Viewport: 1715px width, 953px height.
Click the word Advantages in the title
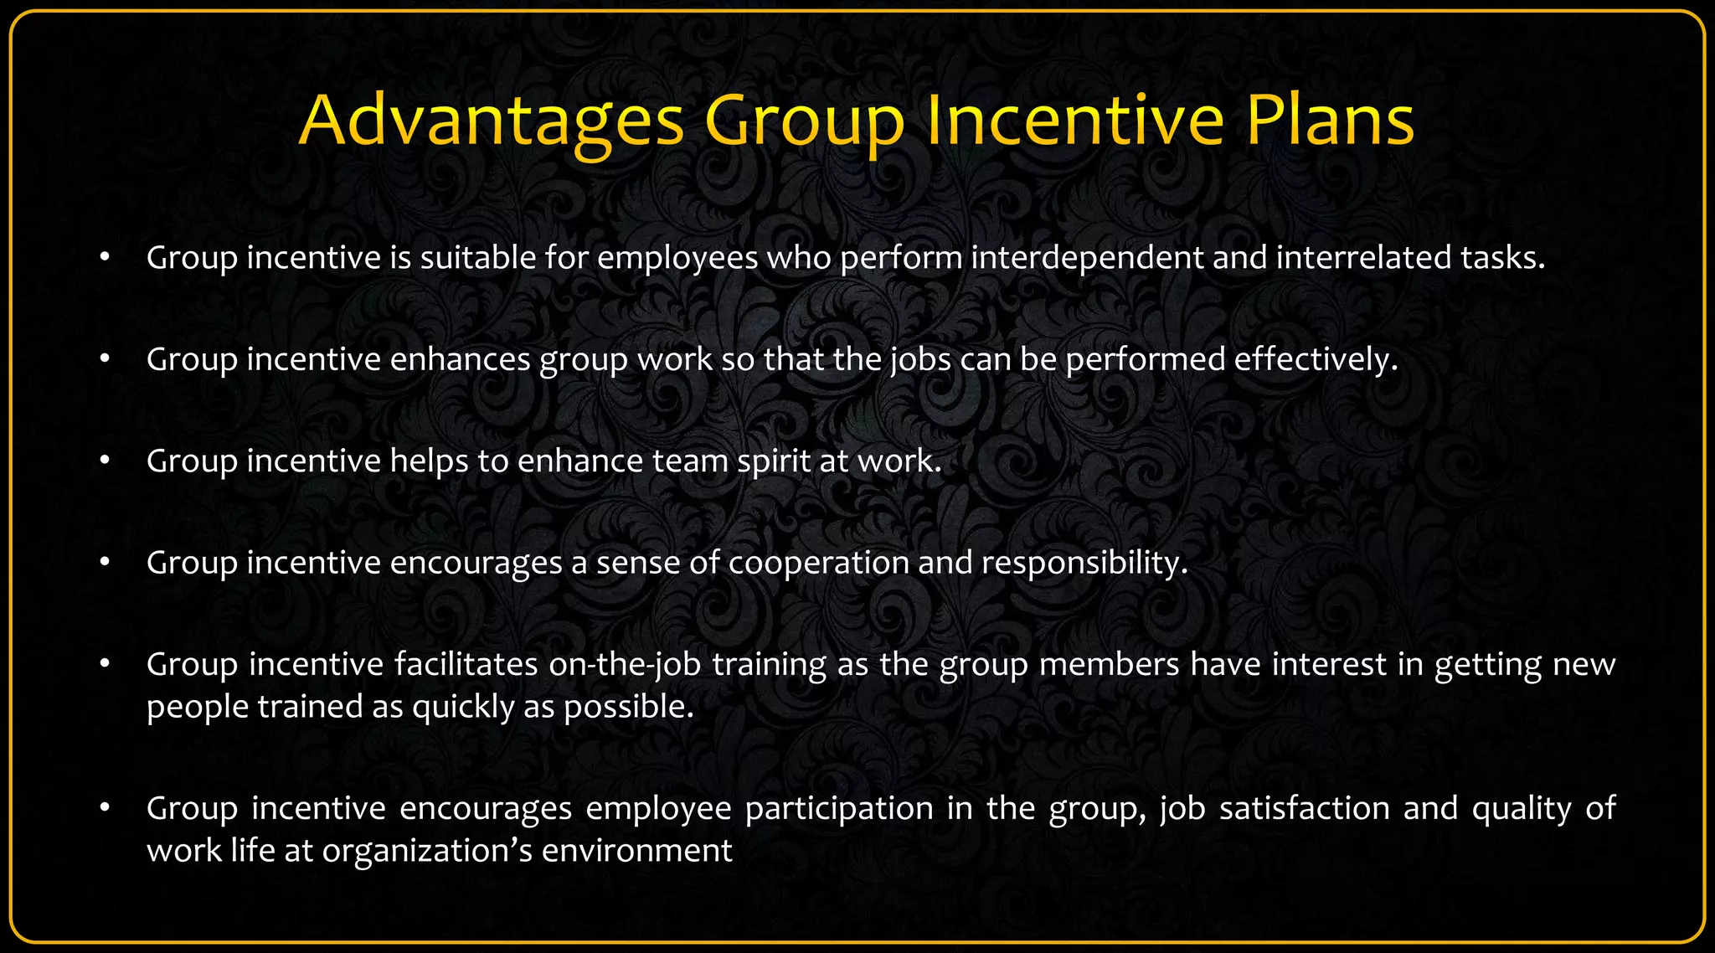[491, 121]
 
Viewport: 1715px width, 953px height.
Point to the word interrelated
[1364, 258]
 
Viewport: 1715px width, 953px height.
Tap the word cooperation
[818, 563]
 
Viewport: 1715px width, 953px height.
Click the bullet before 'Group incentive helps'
[105, 461]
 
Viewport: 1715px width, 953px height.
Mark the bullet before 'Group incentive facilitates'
[105, 664]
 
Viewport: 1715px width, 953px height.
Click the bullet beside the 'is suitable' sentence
[105, 258]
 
